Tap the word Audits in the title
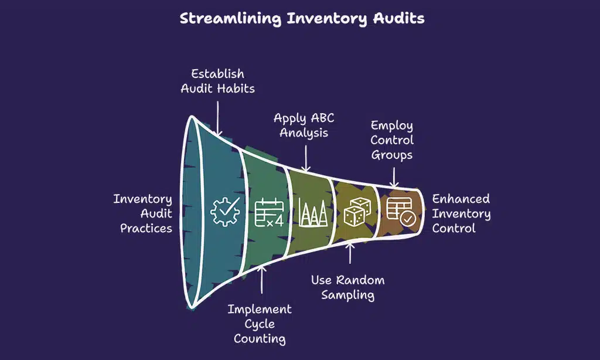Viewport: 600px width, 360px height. (x=399, y=18)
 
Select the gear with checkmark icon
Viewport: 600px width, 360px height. (x=225, y=212)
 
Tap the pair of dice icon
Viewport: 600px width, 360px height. (x=355, y=213)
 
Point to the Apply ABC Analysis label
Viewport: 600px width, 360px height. (x=304, y=125)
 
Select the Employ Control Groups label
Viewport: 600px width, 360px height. (x=392, y=140)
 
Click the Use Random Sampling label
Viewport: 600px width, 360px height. (x=348, y=287)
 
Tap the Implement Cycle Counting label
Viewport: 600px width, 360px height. (x=260, y=324)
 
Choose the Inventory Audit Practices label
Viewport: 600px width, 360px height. (x=143, y=213)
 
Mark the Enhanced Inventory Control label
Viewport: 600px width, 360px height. (x=461, y=213)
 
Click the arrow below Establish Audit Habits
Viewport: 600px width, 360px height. (x=218, y=117)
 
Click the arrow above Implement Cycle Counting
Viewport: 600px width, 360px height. (x=261, y=282)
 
